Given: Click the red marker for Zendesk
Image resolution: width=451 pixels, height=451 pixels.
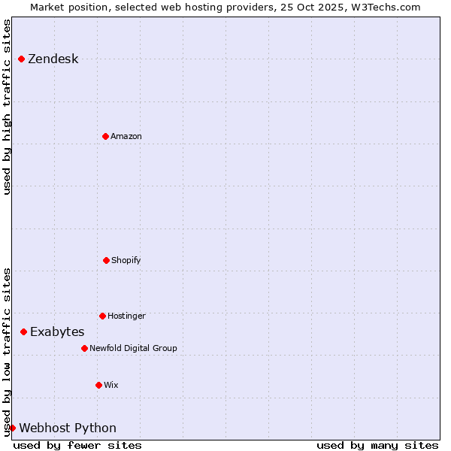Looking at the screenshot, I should [21, 59].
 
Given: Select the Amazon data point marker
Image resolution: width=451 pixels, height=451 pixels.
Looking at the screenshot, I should [105, 136].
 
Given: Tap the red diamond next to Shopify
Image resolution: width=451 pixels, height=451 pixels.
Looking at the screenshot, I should [106, 260].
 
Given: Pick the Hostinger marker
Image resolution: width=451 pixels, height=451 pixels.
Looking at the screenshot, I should [102, 316].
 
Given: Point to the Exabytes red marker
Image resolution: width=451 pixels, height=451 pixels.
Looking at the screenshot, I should [23, 331].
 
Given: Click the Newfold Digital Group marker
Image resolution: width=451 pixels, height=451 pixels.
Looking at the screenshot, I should [84, 348].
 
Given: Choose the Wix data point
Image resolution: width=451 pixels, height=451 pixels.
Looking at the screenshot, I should [98, 385].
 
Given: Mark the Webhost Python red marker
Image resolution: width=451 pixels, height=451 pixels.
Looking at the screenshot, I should [12, 428].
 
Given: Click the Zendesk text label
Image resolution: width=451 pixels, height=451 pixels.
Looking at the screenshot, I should [53, 59].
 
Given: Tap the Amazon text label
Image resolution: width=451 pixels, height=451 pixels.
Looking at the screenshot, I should [126, 137].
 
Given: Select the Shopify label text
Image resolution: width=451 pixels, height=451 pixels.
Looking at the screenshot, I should [126, 261].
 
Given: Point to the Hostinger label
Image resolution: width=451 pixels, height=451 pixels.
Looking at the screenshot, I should [126, 316].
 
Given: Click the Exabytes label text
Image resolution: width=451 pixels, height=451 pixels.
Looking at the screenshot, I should [57, 332].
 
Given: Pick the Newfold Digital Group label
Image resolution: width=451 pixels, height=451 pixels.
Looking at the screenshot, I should [133, 349].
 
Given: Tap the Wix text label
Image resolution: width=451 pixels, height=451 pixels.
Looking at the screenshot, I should [111, 386].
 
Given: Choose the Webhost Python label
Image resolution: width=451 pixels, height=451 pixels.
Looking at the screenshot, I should [68, 428].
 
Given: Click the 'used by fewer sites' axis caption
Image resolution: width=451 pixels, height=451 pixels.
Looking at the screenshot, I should [77, 445].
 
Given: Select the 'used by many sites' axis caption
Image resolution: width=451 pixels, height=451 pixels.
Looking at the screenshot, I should [377, 445].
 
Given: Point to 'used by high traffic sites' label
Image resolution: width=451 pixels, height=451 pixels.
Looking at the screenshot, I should [8, 107].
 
